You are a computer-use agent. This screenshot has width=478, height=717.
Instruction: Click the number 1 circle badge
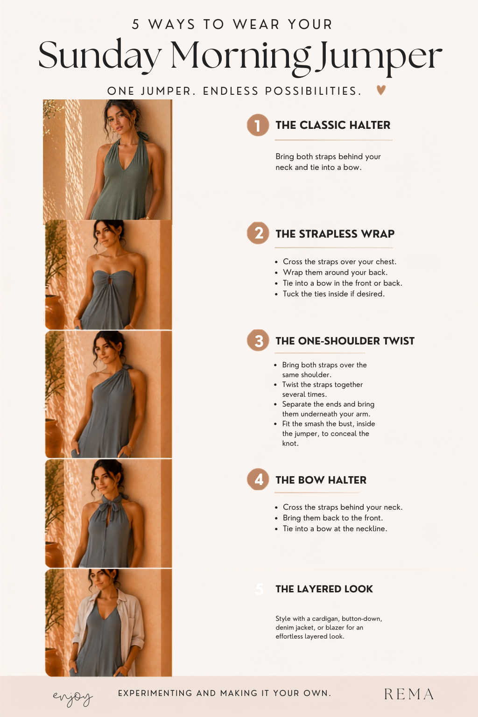pyautogui.click(x=258, y=125)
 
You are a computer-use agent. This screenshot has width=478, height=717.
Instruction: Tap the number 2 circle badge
pyautogui.click(x=258, y=233)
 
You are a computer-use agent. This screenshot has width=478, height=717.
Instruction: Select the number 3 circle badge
pyautogui.click(x=258, y=340)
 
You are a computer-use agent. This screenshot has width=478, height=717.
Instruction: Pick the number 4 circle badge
pyautogui.click(x=258, y=479)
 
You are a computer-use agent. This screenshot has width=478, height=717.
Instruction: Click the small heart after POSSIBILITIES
pyautogui.click(x=381, y=90)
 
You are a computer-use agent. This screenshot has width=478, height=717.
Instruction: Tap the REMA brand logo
pyautogui.click(x=409, y=694)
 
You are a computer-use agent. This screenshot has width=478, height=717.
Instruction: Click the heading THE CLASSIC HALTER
pyautogui.click(x=333, y=125)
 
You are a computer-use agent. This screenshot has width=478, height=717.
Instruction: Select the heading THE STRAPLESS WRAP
pyautogui.click(x=335, y=234)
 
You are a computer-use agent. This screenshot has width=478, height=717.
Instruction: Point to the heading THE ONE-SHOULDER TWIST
pyautogui.click(x=345, y=341)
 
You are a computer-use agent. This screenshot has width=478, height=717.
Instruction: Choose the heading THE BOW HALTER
pyautogui.click(x=321, y=480)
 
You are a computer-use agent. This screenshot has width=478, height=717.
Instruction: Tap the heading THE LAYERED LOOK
pyautogui.click(x=324, y=589)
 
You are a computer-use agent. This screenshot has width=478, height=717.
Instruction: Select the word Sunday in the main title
pyautogui.click(x=99, y=55)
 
